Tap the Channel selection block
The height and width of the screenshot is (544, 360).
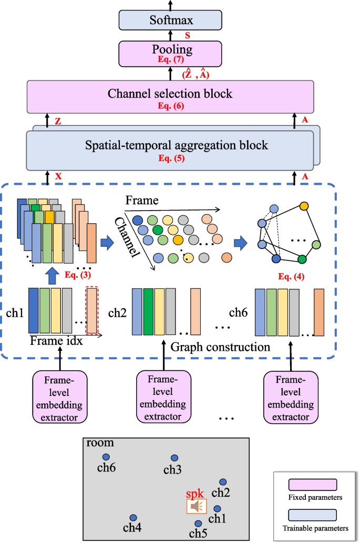point(170,96)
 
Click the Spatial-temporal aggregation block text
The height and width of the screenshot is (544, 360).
point(170,145)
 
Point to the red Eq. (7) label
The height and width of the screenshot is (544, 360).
point(170,59)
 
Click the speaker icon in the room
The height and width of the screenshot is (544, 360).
point(197,506)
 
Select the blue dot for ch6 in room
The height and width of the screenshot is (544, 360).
point(106,457)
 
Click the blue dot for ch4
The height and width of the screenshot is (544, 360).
point(133,518)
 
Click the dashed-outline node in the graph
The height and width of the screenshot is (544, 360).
point(273,209)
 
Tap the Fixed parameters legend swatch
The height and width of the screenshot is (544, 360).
point(312,484)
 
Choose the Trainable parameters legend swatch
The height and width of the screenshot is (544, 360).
point(312,514)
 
